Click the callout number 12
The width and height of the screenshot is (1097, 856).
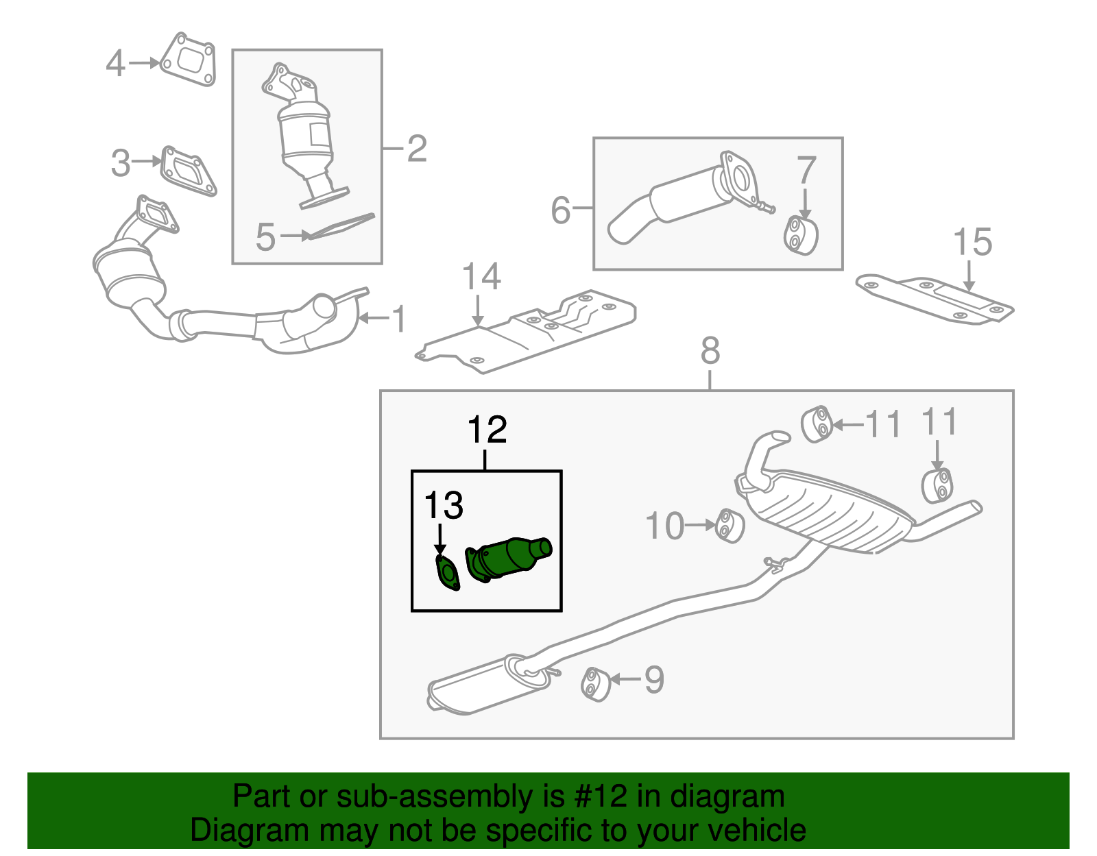(x=487, y=430)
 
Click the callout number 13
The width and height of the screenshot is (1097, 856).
(x=444, y=506)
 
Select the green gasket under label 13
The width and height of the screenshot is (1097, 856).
(x=448, y=574)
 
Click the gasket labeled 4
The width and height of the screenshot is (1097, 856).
(x=188, y=60)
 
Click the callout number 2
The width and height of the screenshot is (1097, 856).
(x=417, y=149)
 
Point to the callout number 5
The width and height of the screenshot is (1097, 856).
(x=265, y=237)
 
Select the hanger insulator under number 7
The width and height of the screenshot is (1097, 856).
(x=801, y=235)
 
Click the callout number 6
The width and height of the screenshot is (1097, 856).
(x=560, y=210)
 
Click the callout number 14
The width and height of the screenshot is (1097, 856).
(x=481, y=277)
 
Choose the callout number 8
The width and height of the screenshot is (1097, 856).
(x=710, y=351)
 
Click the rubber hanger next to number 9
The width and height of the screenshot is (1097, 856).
(x=596, y=684)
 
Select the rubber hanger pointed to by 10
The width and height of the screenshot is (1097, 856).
(x=730, y=526)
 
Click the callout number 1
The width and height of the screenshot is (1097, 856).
(x=398, y=319)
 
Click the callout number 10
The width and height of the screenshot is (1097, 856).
(x=664, y=526)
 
